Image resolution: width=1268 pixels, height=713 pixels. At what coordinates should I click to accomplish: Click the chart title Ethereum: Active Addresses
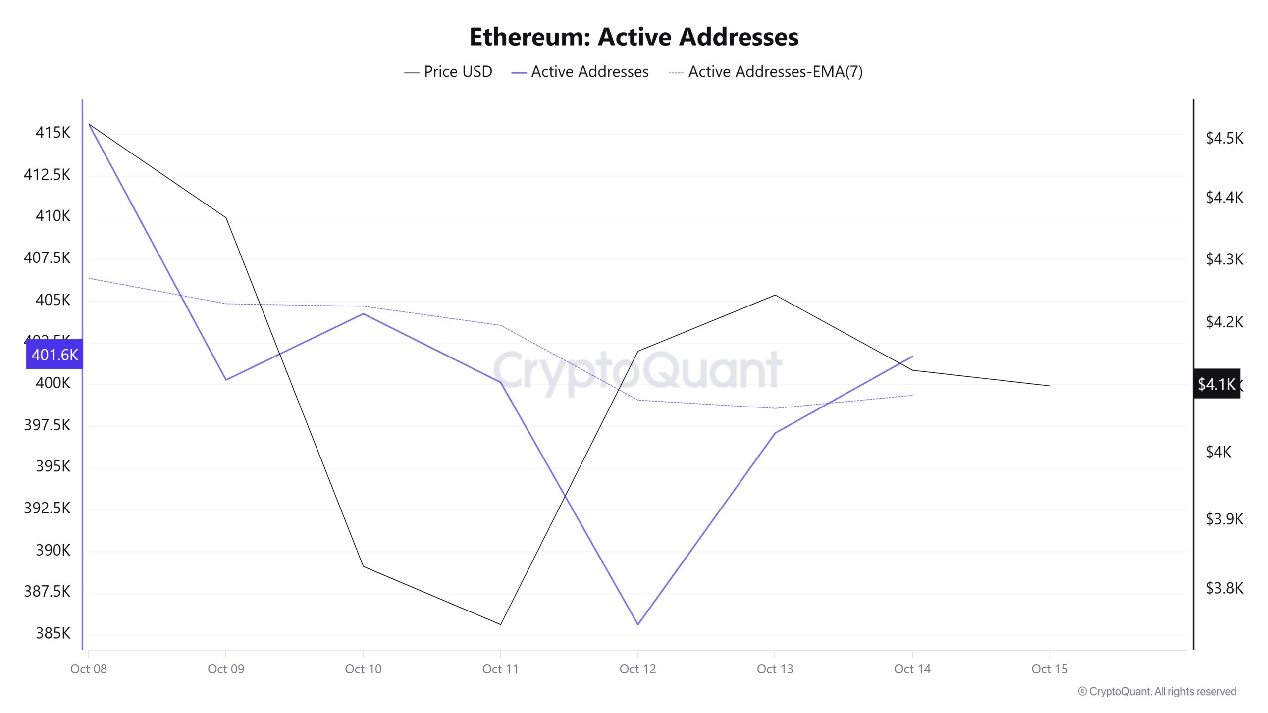coord(634,37)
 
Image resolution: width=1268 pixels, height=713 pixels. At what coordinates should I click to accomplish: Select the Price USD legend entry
coord(448,72)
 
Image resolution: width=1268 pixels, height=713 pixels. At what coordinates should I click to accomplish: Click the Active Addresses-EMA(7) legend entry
coord(766,72)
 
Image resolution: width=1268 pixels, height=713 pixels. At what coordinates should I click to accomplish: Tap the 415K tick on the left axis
coord(53,133)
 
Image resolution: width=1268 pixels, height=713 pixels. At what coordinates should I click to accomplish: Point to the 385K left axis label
coord(53,633)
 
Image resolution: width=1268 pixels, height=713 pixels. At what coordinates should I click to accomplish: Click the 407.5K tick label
coord(47,257)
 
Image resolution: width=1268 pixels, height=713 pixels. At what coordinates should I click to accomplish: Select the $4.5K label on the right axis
coord(1224,138)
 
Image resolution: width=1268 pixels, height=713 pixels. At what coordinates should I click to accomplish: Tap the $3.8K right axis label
coord(1224,588)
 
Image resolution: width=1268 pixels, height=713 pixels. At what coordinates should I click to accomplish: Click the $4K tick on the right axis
coord(1218,452)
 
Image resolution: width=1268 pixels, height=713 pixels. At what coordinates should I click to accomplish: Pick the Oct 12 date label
coord(637,669)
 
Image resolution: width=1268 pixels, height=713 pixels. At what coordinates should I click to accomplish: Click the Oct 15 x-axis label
coord(1049,669)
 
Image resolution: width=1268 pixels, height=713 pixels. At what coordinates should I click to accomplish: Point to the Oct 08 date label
coord(89,669)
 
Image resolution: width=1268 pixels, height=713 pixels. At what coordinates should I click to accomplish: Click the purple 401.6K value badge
coord(54,355)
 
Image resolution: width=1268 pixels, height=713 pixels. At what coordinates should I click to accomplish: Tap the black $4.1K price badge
coord(1216,384)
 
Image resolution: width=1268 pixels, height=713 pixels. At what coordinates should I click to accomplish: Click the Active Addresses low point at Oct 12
coord(638,624)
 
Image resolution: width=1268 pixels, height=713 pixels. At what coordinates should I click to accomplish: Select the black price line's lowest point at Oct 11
coord(501,624)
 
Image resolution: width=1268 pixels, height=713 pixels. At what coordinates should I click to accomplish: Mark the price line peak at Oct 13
coord(775,295)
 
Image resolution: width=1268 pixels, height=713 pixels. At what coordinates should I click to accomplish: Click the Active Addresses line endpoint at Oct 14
coord(912,356)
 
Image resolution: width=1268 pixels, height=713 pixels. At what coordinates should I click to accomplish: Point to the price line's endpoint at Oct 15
coord(1049,386)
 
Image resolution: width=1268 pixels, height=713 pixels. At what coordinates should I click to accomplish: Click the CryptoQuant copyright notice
coord(1157,691)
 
